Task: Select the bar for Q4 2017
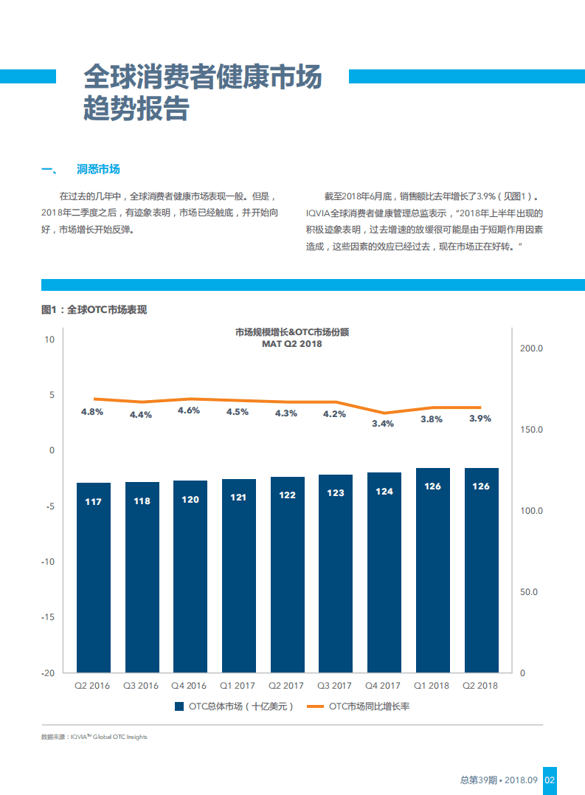[x=384, y=572]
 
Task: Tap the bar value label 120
[x=190, y=500]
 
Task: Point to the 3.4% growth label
[x=383, y=424]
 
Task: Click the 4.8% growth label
[x=91, y=412]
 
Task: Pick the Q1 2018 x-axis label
[x=432, y=686]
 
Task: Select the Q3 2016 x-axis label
[x=141, y=686]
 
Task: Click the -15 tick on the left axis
[x=49, y=617]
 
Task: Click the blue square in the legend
[x=179, y=706]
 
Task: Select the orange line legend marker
[x=315, y=706]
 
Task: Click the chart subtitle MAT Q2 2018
[x=291, y=344]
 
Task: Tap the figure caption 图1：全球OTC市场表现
[x=94, y=309]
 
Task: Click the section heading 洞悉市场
[x=98, y=169]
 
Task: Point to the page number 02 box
[x=550, y=780]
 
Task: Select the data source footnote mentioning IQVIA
[x=94, y=737]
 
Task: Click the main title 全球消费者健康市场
[x=203, y=76]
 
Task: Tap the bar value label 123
[x=335, y=492]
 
